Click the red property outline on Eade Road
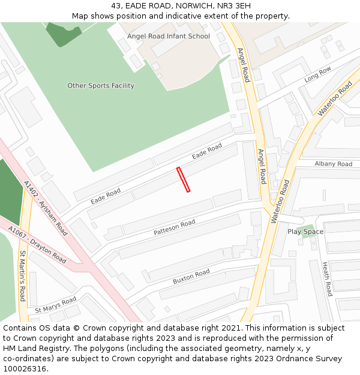pos(184,179)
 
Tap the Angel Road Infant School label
pos(169,36)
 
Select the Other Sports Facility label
pos(101,86)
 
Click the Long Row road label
pos(317,74)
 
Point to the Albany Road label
pos(333,164)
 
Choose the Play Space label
pos(305,232)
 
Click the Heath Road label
pos(327,279)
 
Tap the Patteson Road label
pos(175,227)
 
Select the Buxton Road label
pos(191,277)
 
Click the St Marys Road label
pos(56,305)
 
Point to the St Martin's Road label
pos(22,276)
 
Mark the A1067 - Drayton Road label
pos(37,244)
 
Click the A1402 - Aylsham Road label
pos(46,207)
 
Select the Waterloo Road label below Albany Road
pos(280,202)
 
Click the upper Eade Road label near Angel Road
pos(207,151)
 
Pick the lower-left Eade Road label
pos(106,196)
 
